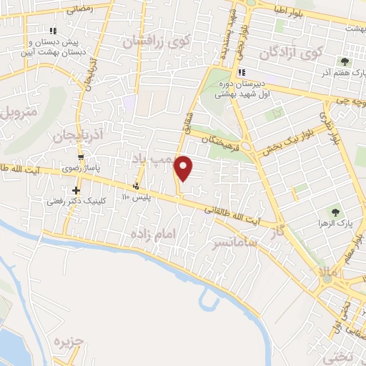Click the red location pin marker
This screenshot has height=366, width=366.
[x=184, y=168]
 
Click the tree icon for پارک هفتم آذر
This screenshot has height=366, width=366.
[x=346, y=62]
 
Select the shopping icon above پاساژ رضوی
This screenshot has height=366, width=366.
[x=82, y=158]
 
